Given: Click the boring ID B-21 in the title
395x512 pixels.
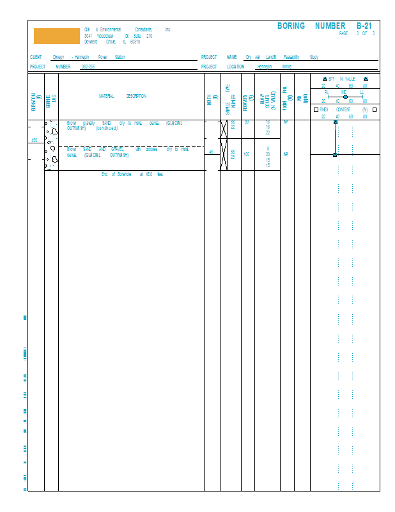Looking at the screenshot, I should click(x=364, y=26).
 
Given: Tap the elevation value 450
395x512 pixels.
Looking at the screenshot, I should click(x=35, y=140).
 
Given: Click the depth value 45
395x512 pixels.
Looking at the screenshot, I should click(x=212, y=152).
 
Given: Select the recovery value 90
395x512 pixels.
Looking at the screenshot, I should click(x=247, y=122).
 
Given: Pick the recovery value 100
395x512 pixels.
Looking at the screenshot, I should click(x=247, y=154).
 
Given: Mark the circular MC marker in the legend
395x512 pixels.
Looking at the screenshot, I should click(x=345, y=97).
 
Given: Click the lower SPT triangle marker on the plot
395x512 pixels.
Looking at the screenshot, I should click(x=335, y=154).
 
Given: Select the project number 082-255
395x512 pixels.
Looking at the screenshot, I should click(x=88, y=67).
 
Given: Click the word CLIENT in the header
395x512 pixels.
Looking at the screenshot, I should click(x=36, y=57).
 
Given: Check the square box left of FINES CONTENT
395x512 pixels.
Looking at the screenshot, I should click(x=316, y=109).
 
